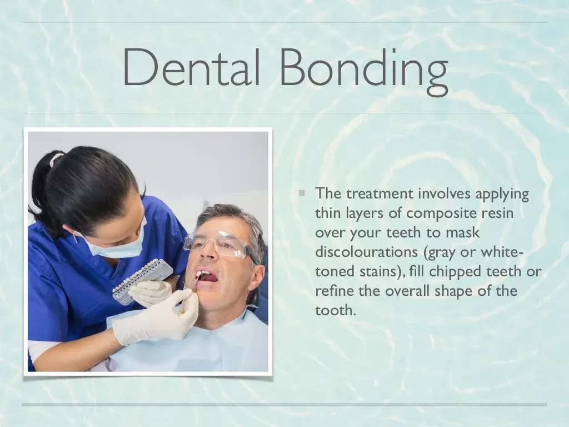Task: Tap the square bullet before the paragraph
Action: (302, 193)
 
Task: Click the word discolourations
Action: (366, 251)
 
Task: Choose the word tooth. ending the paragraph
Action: (334, 310)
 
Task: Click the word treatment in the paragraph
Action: (380, 193)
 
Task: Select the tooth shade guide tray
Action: (142, 277)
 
